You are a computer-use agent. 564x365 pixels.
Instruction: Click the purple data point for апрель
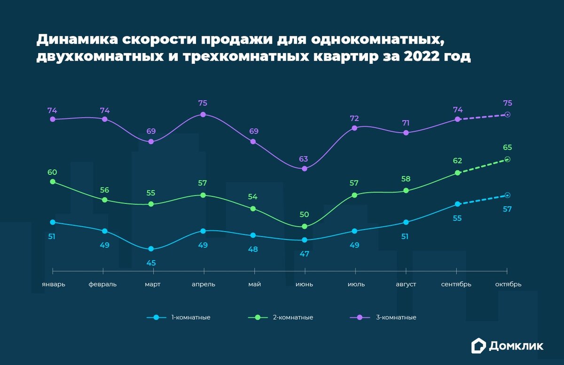203,114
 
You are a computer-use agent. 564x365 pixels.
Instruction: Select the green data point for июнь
304,226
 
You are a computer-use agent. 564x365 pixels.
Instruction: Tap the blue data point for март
151,249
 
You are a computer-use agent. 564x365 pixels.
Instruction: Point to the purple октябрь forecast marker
508,115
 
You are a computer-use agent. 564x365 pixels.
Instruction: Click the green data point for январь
52,182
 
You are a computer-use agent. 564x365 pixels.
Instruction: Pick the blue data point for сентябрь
457,204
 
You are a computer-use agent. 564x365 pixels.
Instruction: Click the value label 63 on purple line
304,159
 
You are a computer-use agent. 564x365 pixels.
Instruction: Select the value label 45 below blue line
151,263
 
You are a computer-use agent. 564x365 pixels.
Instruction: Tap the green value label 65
508,148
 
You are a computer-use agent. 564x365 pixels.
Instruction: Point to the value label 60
52,172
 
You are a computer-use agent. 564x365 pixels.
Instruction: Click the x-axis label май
254,284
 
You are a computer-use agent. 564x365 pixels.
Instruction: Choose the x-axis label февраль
102,284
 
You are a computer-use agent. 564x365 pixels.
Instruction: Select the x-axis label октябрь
508,284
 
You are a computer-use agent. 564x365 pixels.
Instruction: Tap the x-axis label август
406,284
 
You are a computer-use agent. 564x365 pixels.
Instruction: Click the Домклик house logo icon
478,346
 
